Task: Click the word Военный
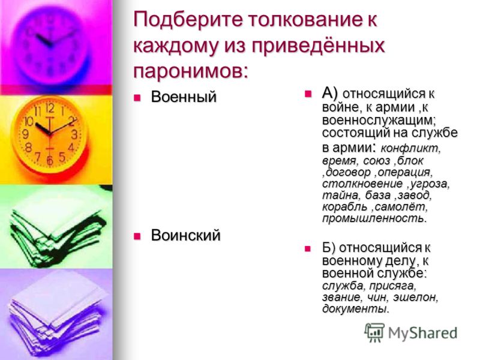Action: click(x=184, y=97)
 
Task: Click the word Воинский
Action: click(x=185, y=235)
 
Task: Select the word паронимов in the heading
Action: click(x=190, y=71)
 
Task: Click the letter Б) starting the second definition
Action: click(x=329, y=248)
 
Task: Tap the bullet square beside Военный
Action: click(x=137, y=98)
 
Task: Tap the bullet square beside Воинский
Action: click(x=137, y=236)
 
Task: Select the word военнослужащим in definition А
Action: click(x=379, y=121)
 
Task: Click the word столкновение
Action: click(x=362, y=184)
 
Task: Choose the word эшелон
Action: click(x=415, y=297)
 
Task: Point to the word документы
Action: click(x=355, y=308)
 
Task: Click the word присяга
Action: click(x=392, y=286)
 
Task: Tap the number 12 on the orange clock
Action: click(x=50, y=107)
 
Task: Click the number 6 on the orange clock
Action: click(x=50, y=160)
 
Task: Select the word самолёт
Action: click(x=401, y=207)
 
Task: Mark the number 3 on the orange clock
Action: click(x=74, y=134)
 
